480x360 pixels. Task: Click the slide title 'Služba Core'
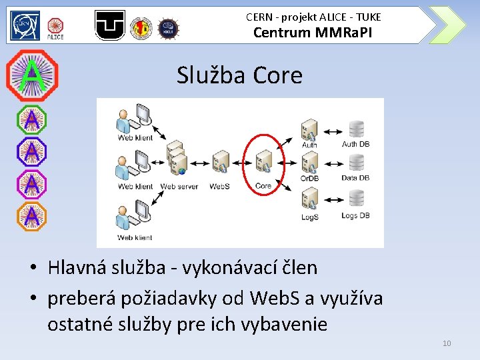[x=239, y=75]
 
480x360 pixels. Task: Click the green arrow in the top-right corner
[x=447, y=25]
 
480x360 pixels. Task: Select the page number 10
[x=446, y=343]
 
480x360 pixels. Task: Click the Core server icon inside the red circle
[x=264, y=161]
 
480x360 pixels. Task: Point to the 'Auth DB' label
[x=356, y=143]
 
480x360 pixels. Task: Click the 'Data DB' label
[x=355, y=178]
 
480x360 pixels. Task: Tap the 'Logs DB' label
[x=355, y=215]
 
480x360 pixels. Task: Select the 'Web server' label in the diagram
[x=179, y=187]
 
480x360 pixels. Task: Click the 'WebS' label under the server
[x=219, y=187]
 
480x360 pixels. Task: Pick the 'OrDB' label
[x=309, y=178]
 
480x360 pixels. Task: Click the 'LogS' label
[x=309, y=217]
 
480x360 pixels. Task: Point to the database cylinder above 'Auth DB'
[x=357, y=128]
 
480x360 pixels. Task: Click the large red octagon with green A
[x=31, y=75]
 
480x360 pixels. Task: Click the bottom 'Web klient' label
[x=135, y=237]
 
